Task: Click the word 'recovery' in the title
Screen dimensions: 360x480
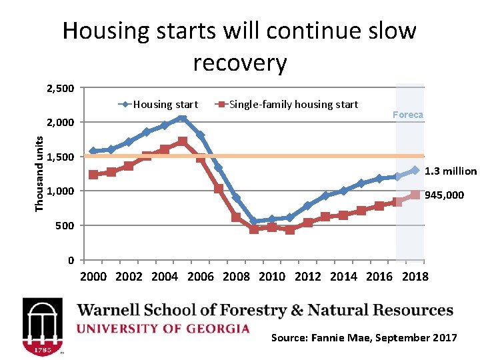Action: click(x=240, y=63)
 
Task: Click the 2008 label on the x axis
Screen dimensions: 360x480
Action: click(x=237, y=277)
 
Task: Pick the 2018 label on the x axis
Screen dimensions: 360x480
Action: click(x=415, y=277)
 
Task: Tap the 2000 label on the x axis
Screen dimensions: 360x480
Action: click(x=93, y=277)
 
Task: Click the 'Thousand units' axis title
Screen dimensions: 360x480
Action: click(x=39, y=174)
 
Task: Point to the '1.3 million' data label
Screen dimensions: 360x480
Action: click(x=451, y=171)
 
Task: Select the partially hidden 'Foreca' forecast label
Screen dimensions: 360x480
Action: click(x=407, y=115)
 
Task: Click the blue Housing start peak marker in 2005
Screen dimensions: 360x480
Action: click(x=182, y=119)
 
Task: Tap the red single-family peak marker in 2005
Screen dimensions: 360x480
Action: click(x=182, y=141)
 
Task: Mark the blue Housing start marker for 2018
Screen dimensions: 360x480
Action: click(x=415, y=170)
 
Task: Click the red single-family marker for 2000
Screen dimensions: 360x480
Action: click(x=93, y=175)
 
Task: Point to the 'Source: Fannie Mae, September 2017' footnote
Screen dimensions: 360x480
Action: click(x=364, y=338)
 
